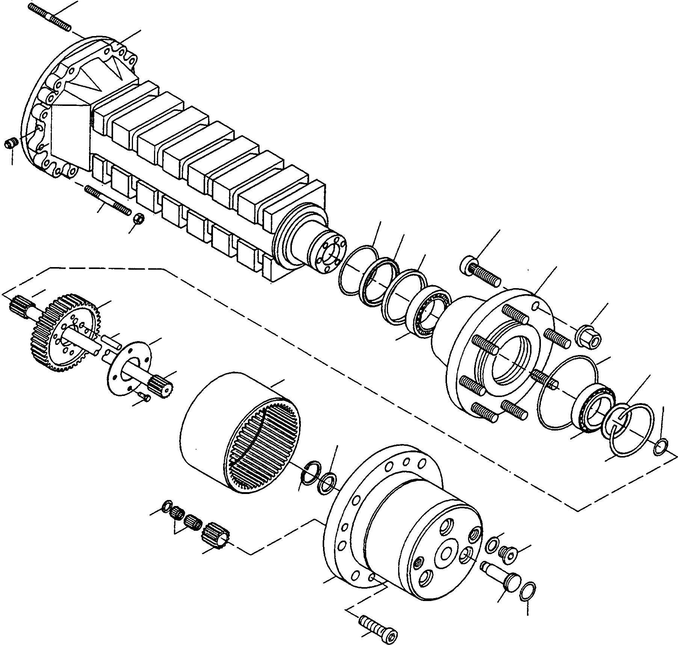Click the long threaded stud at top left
pyautogui.click(x=49, y=17)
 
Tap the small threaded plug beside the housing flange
pyautogui.click(x=11, y=144)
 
